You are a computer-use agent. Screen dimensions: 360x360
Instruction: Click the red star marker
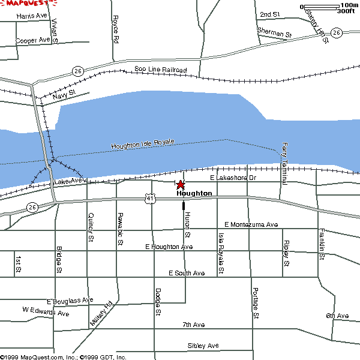pos(181,185)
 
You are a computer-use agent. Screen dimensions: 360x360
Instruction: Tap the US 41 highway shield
pos(149,197)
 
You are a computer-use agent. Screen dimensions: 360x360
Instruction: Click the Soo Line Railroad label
pos(160,70)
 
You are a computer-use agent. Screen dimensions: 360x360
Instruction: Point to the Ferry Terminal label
pos(284,163)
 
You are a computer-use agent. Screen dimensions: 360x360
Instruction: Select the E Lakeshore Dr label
pos(233,178)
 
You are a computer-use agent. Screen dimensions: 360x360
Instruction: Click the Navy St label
pos(64,94)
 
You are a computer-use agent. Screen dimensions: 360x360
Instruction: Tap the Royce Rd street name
pos(115,29)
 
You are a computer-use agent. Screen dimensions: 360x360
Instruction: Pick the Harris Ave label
pos(32,16)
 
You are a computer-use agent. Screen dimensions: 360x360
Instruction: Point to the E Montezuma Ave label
pos(251,224)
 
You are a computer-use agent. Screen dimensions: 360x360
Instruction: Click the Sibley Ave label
pos(203,346)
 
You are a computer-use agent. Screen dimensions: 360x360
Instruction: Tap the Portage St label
pos(256,302)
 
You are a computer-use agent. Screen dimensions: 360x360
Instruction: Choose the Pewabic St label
pos(120,230)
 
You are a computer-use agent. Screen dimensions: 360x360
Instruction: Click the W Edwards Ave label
pos(46,313)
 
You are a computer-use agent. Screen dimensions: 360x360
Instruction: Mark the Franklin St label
pos(322,244)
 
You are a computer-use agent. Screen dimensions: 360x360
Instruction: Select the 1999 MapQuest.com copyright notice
pos(63,356)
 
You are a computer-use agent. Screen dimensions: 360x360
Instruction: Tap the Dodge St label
pos(158,301)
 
